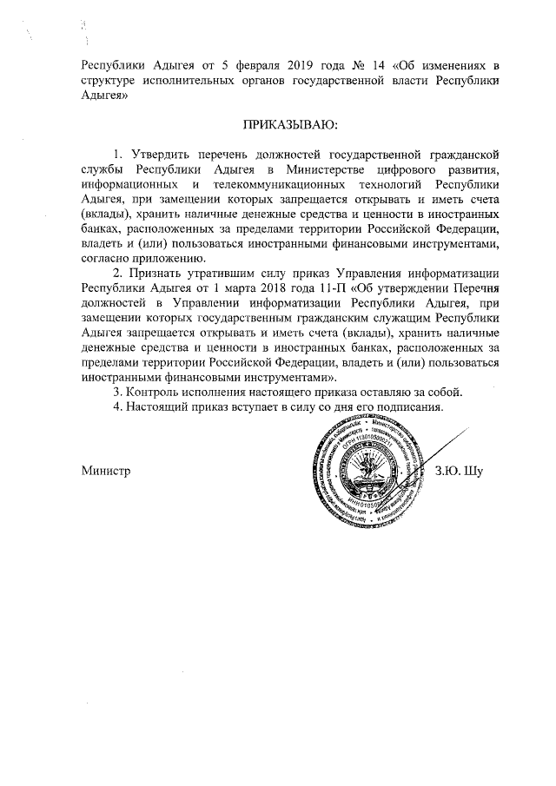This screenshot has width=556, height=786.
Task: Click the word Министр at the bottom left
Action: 106,471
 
